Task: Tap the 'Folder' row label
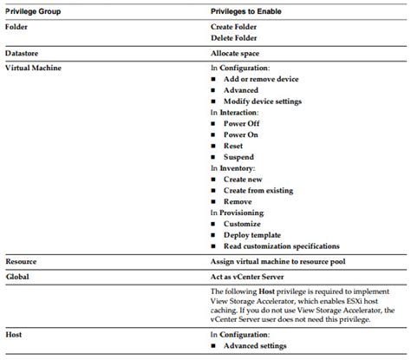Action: [17, 27]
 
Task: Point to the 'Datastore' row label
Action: [23, 54]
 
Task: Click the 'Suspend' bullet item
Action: [240, 158]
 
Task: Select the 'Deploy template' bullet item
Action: [253, 235]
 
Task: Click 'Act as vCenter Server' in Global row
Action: [251, 274]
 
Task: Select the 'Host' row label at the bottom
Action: [14, 334]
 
